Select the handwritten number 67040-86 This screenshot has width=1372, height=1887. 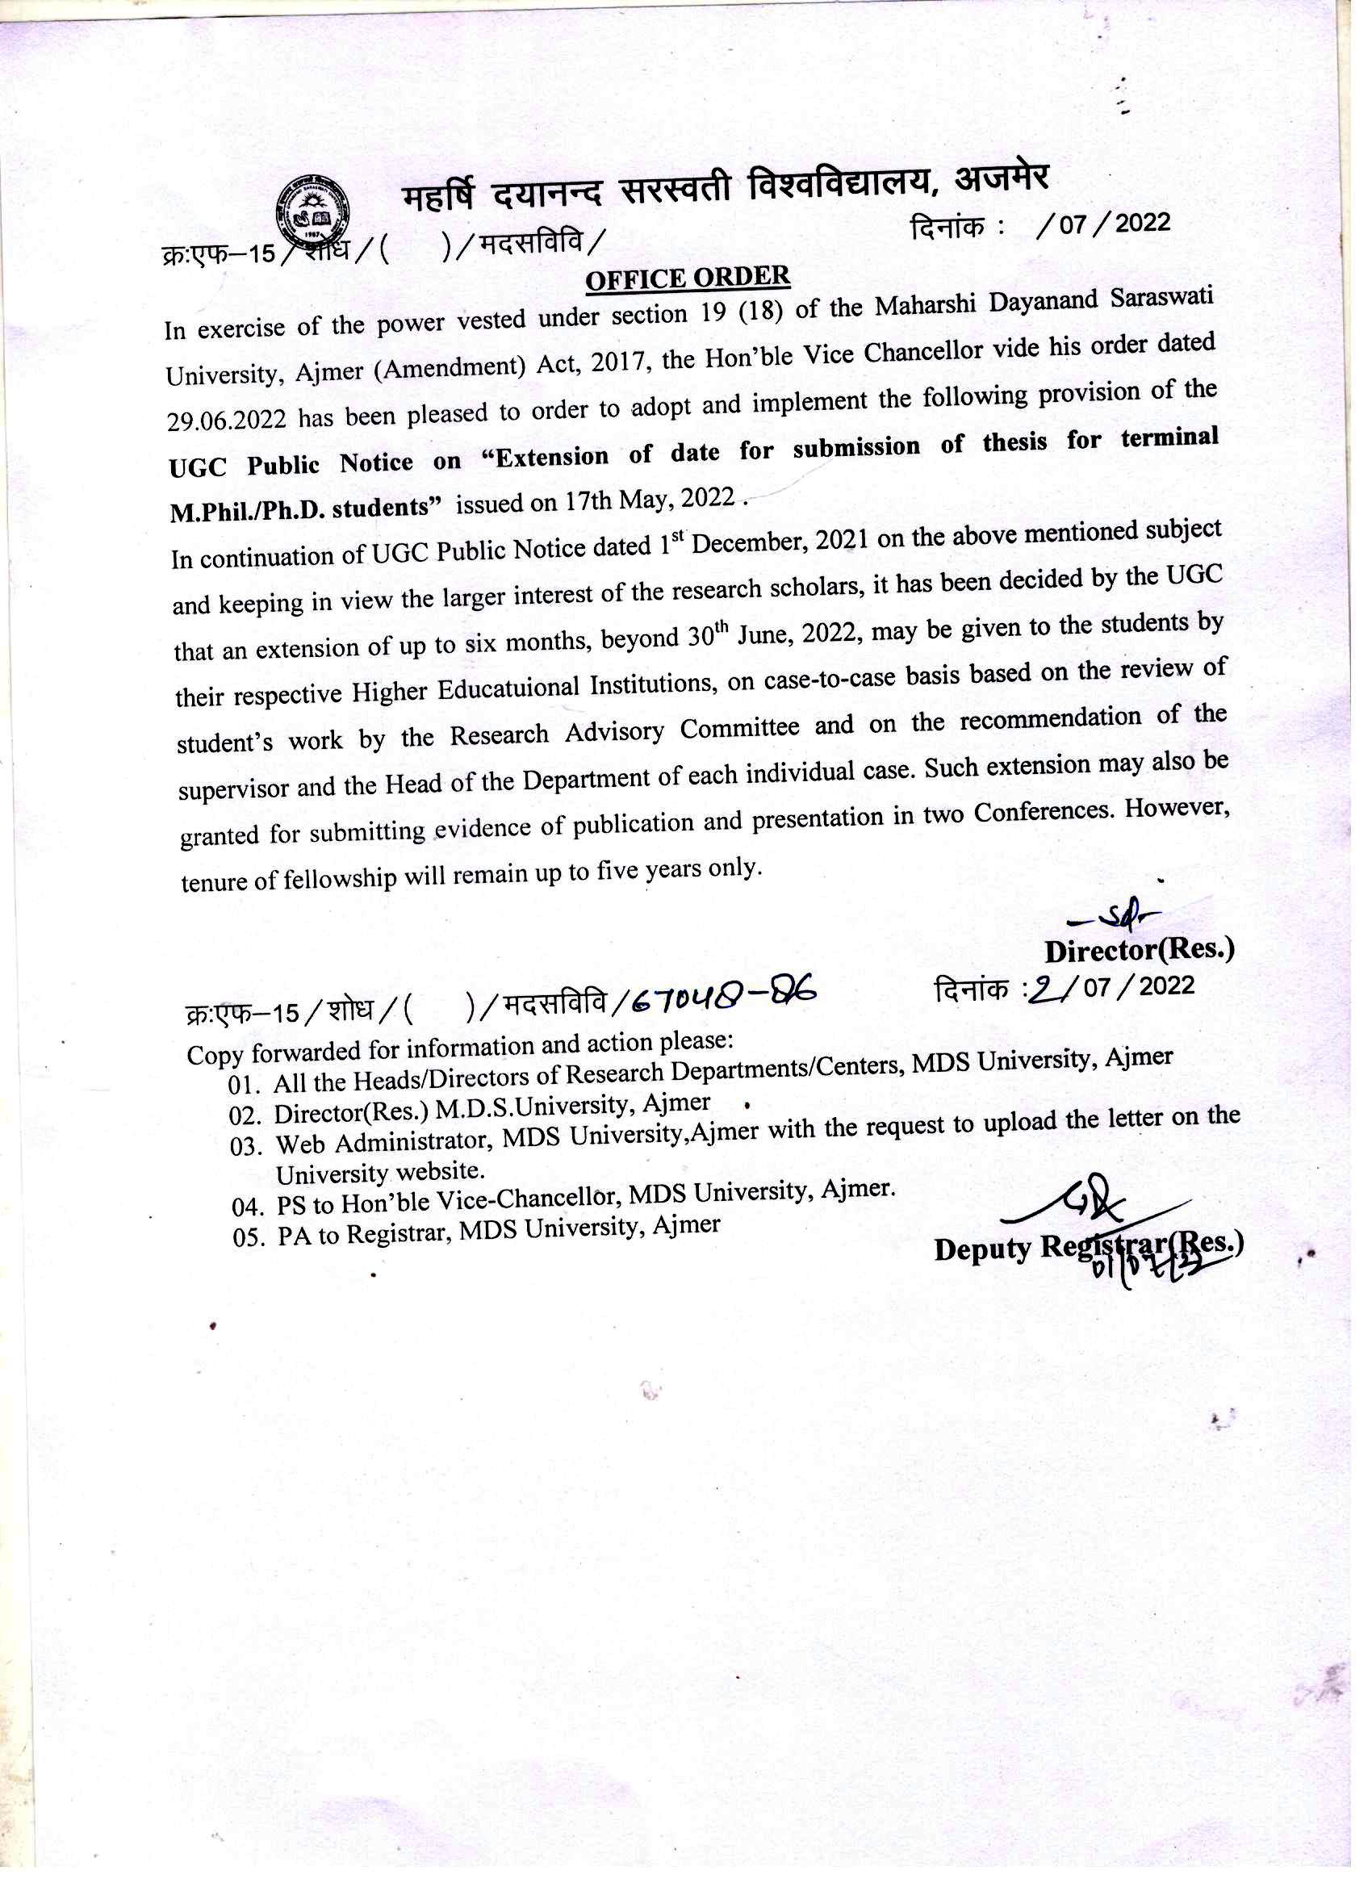723,995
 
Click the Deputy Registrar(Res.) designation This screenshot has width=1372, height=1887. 1088,1247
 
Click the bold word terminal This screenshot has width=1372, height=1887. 1169,438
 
